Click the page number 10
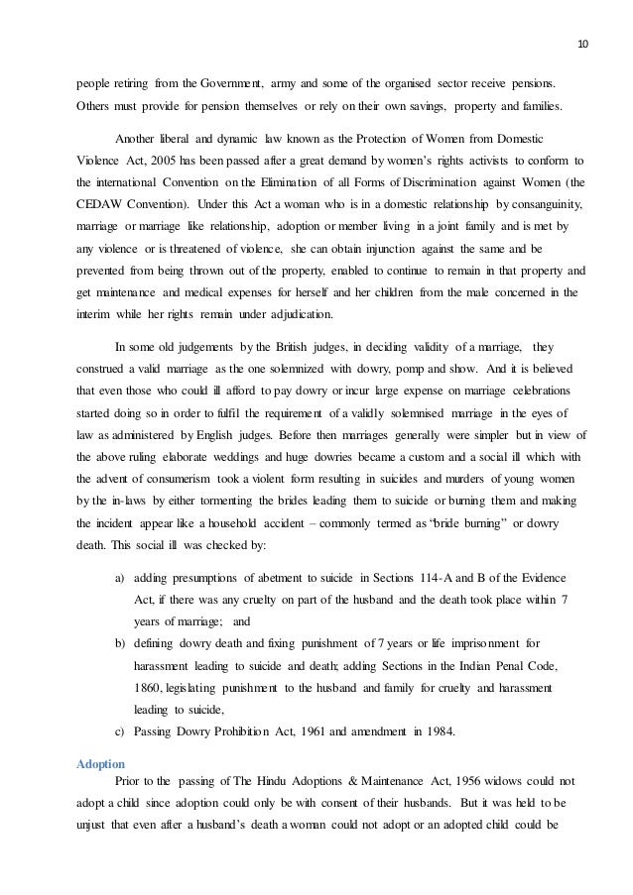click(x=583, y=17)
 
